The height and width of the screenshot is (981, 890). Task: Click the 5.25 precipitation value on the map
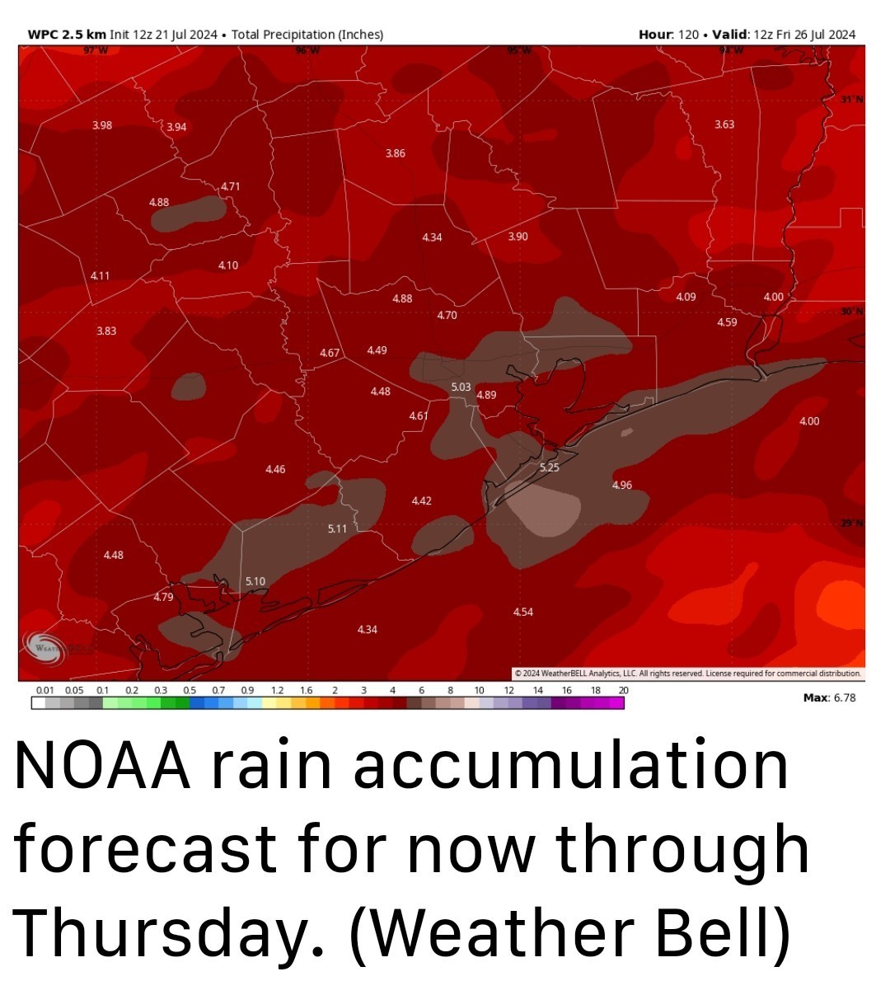pos(549,467)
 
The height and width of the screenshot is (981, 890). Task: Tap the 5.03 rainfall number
pos(461,387)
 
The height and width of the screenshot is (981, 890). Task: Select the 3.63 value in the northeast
pos(724,124)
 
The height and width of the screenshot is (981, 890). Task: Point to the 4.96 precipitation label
pos(622,485)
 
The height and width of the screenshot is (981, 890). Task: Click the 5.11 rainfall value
pos(337,528)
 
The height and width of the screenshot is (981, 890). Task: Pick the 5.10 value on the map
pos(255,581)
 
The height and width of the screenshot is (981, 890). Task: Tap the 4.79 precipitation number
pos(163,597)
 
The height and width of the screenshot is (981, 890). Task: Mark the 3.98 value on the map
pos(102,125)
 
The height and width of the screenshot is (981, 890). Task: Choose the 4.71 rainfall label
pos(230,186)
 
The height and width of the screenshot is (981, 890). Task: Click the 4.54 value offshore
pos(522,612)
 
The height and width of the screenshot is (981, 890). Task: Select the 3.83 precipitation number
pos(105,331)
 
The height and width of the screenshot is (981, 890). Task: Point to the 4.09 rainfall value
pos(686,297)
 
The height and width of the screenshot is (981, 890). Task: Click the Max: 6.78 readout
pos(829,698)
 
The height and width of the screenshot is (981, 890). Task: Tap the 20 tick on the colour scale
pos(623,690)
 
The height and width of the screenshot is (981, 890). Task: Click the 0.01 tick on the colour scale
pos(44,690)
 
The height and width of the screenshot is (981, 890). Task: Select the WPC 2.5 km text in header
pos(67,35)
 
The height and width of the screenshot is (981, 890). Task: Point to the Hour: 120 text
pos(668,35)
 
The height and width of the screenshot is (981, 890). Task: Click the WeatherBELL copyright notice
pos(687,673)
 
